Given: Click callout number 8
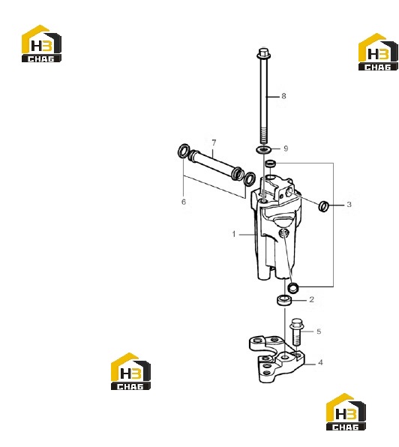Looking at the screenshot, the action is click(x=283, y=96).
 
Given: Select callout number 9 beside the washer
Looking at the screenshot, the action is click(x=286, y=148).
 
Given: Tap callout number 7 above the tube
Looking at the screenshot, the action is click(x=214, y=142).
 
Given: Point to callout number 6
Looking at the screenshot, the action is click(x=184, y=202).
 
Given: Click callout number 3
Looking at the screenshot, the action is click(x=349, y=205).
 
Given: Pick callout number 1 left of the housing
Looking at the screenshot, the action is click(x=234, y=234).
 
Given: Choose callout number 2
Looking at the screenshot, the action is click(x=311, y=299).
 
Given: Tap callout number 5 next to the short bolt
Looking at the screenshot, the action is click(x=319, y=331).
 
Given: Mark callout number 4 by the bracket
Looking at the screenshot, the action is click(x=321, y=362).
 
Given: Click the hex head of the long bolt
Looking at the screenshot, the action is click(x=263, y=52).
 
